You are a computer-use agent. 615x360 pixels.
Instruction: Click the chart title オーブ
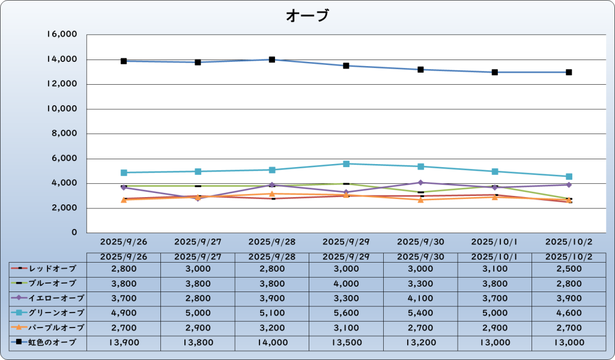click(x=307, y=16)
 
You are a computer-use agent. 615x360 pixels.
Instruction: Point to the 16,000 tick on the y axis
click(x=62, y=35)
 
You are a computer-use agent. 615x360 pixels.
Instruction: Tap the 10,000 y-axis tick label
click(x=62, y=109)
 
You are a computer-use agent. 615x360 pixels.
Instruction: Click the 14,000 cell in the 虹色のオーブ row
click(x=272, y=342)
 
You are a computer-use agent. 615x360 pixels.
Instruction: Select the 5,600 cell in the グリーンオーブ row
click(x=347, y=313)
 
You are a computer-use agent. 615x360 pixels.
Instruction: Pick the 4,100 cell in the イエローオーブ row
click(x=420, y=297)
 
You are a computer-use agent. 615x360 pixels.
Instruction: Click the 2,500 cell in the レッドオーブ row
click(x=569, y=268)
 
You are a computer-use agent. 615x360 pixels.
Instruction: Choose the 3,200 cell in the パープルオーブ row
click(x=272, y=328)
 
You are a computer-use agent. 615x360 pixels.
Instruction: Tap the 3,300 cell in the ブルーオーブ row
click(x=420, y=283)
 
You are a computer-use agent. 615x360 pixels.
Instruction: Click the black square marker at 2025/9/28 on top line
click(x=272, y=59)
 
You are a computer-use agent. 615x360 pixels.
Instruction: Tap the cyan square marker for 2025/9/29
click(x=347, y=163)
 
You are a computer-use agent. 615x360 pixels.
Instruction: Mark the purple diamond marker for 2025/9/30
click(x=420, y=182)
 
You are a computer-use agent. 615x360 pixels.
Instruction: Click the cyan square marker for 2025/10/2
click(x=569, y=177)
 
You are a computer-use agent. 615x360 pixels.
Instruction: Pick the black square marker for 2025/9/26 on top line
click(x=124, y=61)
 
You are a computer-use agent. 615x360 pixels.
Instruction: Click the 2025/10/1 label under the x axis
click(x=494, y=242)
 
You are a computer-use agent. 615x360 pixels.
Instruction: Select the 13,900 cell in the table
click(x=124, y=342)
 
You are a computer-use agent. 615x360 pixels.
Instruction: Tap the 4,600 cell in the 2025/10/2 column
click(x=569, y=313)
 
